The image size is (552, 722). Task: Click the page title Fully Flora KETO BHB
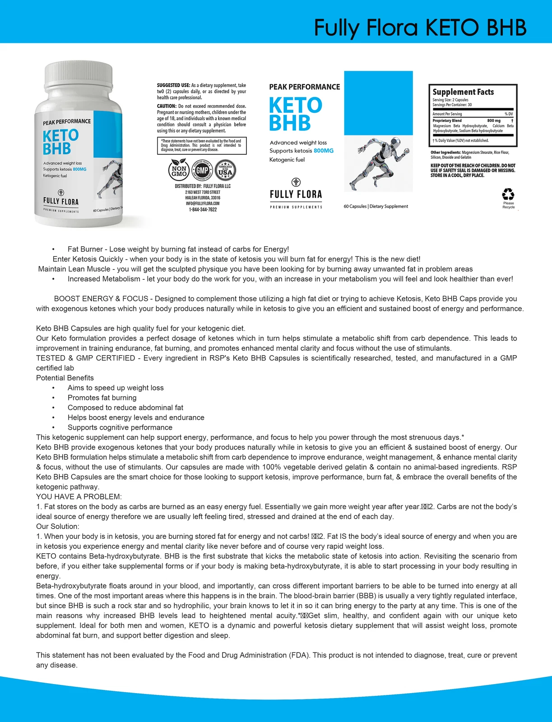[x=420, y=28]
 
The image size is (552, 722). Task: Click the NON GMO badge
[x=179, y=171]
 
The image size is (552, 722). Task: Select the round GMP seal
[x=202, y=170]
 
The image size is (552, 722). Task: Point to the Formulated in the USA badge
[x=225, y=170]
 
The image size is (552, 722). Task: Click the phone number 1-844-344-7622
[x=203, y=210]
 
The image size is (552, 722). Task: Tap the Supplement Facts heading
[x=463, y=92]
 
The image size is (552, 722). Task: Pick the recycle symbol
[x=508, y=194]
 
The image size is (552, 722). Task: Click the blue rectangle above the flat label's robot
[x=378, y=103]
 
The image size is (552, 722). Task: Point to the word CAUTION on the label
[x=167, y=106]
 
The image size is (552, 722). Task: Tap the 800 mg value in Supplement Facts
[x=494, y=121]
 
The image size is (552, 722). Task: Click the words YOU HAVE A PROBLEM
[x=79, y=497]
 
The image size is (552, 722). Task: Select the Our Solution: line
[x=58, y=527]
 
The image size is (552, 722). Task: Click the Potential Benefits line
[x=65, y=378]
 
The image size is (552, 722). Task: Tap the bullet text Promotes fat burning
[x=102, y=398]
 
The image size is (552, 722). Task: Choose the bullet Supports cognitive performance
[x=120, y=428]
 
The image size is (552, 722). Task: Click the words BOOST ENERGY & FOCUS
[x=101, y=299]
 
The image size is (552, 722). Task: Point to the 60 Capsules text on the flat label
[x=355, y=207]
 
